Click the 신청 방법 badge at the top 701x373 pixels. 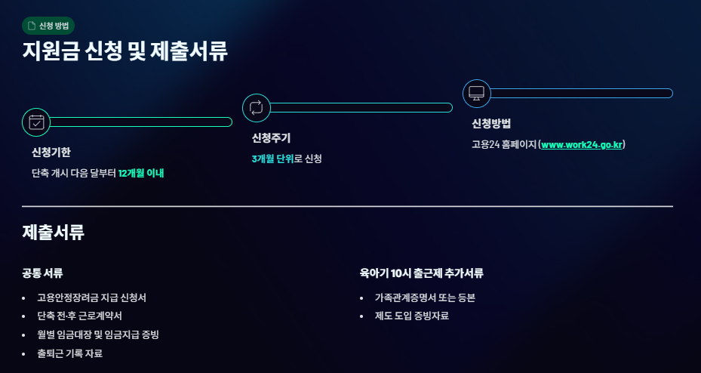click(48, 26)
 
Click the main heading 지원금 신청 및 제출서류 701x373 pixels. click(125, 51)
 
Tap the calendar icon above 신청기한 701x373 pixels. click(36, 122)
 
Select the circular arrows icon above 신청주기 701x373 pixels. click(256, 107)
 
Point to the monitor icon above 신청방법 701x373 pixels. click(476, 93)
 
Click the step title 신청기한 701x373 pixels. click(51, 153)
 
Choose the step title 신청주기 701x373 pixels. click(271, 138)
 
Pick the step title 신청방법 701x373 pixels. click(491, 124)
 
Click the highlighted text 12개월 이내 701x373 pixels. click(141, 173)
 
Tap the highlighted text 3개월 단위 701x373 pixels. click(272, 159)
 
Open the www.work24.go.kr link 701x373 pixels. click(581, 144)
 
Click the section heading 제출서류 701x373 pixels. click(53, 233)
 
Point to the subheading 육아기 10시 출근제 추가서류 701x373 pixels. click(422, 273)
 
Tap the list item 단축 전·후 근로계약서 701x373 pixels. click(79, 316)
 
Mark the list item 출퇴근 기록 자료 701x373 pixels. click(69, 353)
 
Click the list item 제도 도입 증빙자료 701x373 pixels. click(411, 316)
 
